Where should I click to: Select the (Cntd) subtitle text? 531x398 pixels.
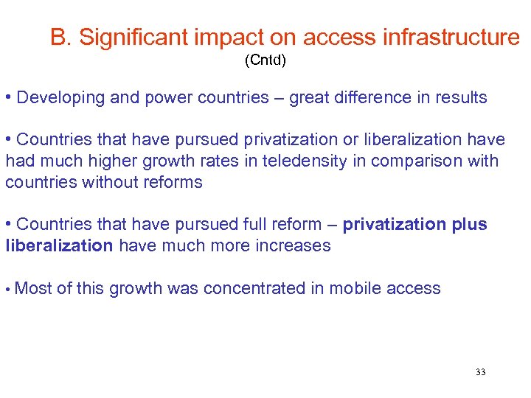tap(265, 61)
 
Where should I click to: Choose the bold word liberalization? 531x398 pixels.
tap(59, 246)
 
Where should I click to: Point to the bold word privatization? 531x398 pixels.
tap(395, 225)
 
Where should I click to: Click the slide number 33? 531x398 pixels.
tap(481, 372)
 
